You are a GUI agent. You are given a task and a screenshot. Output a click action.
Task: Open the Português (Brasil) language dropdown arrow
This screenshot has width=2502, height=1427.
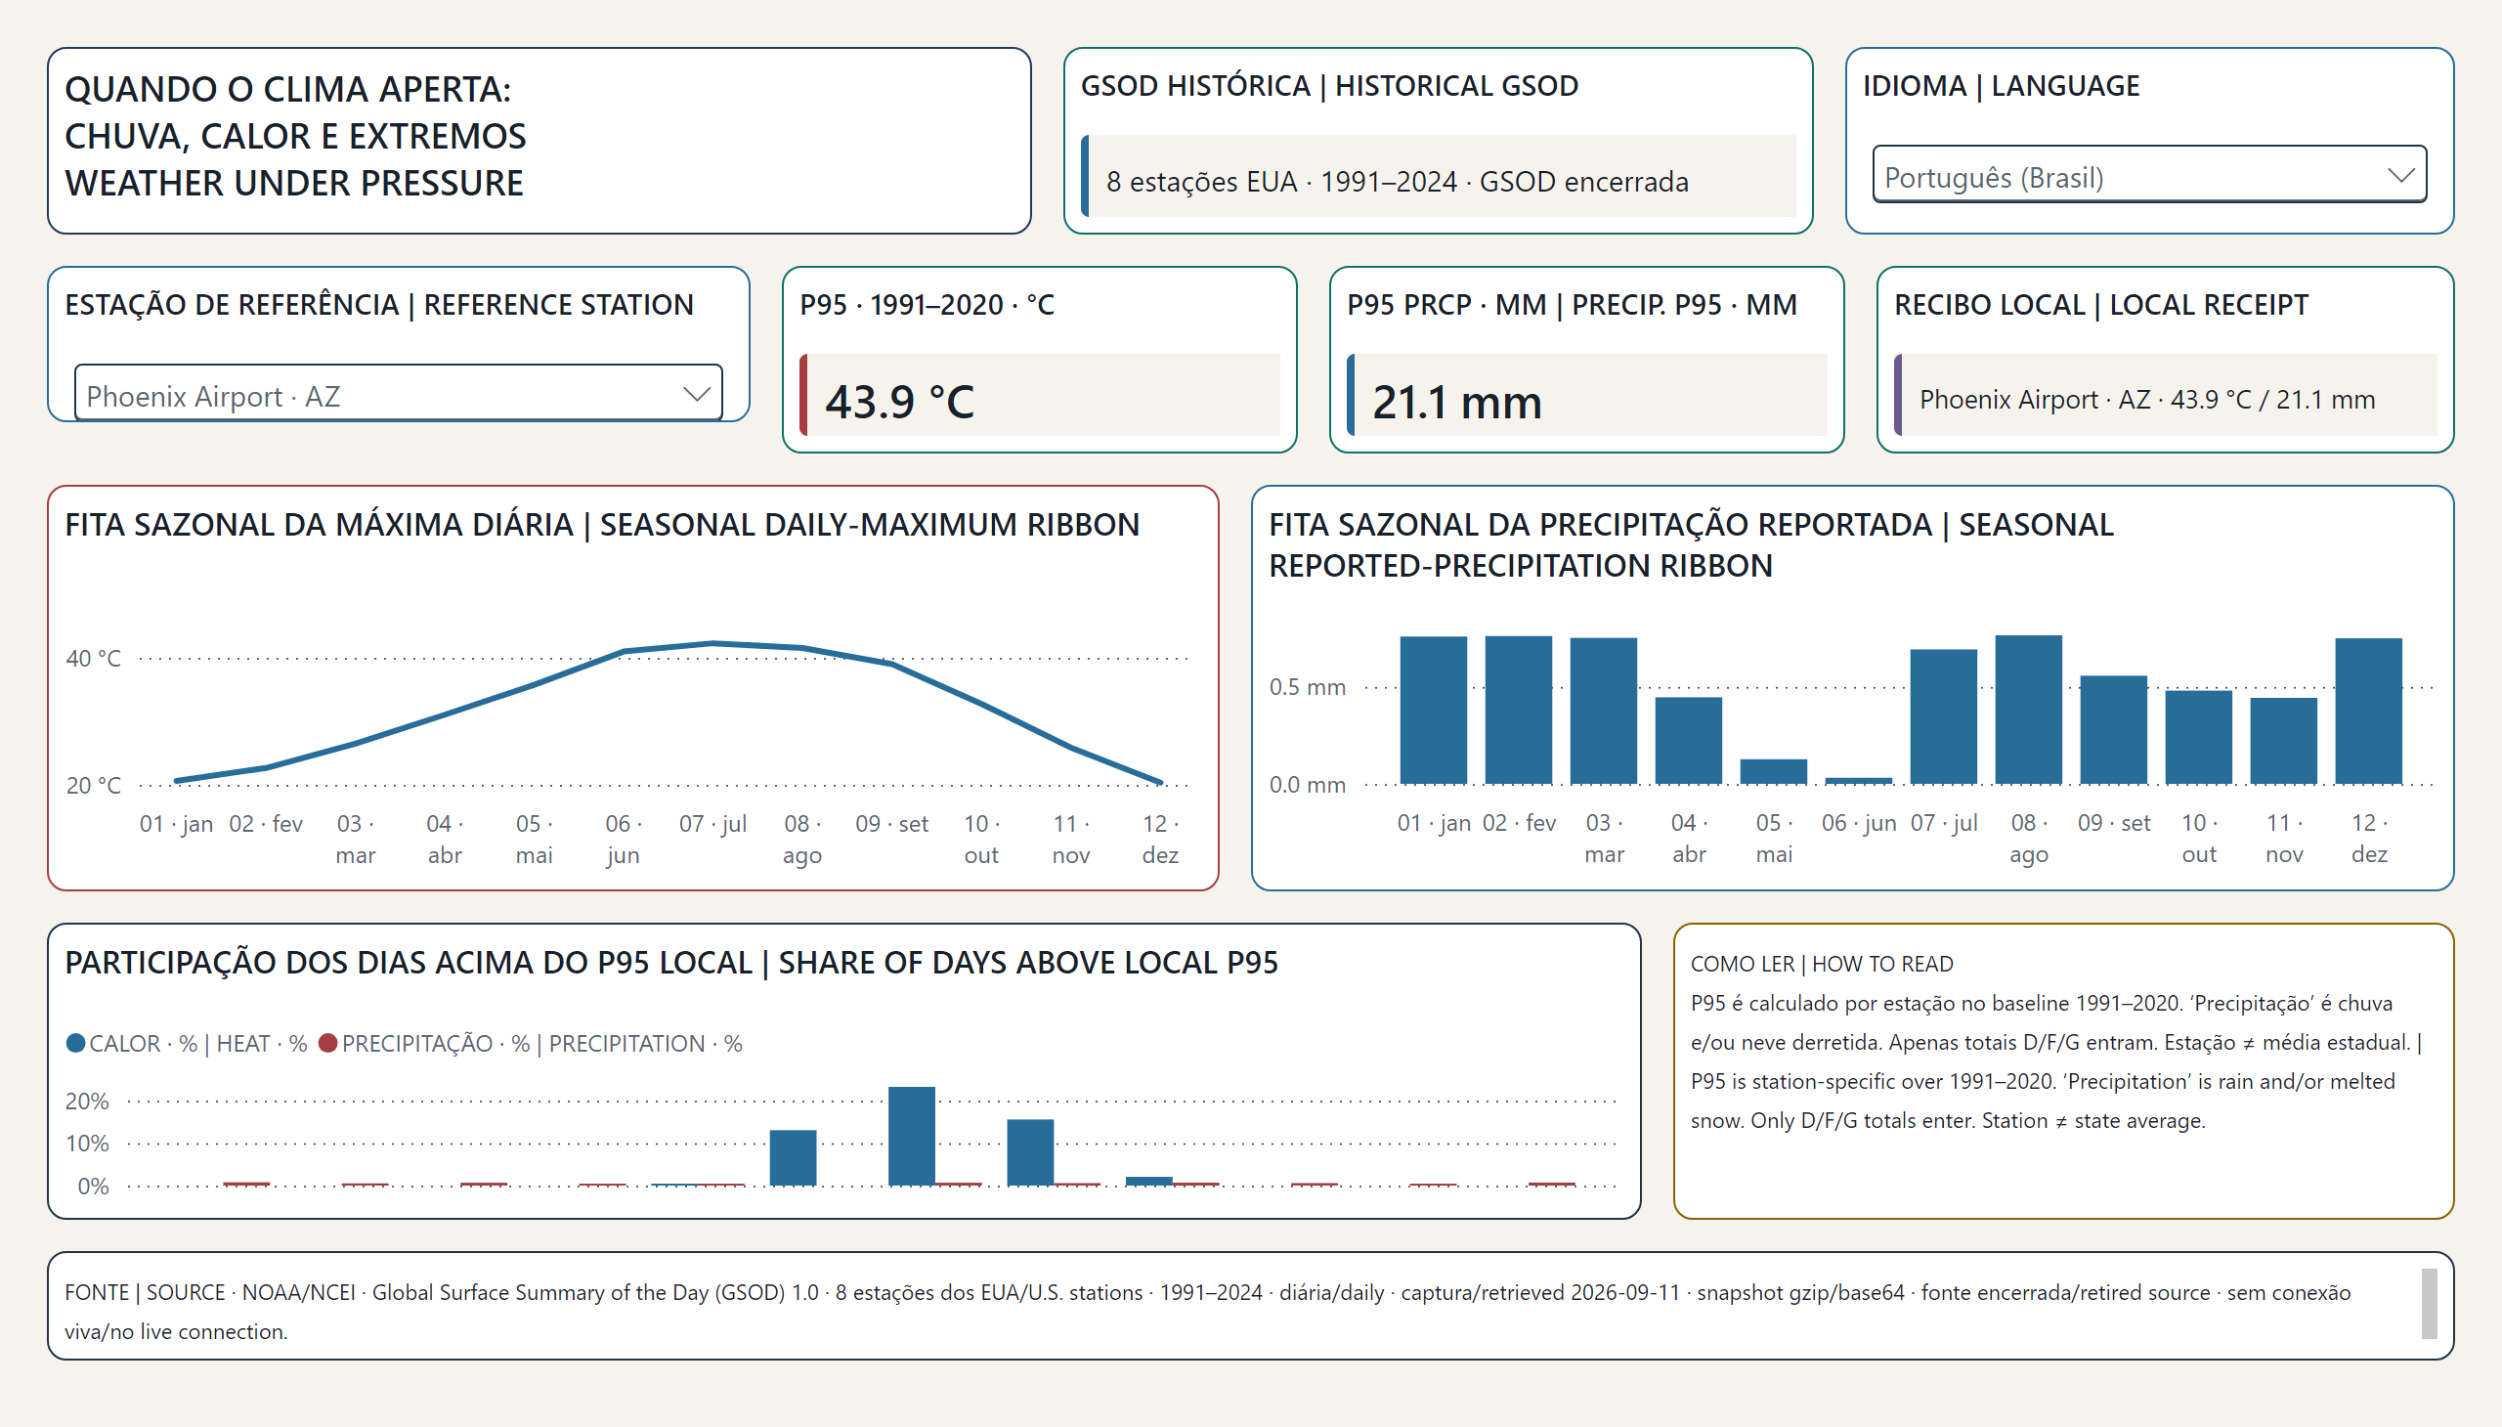(2400, 175)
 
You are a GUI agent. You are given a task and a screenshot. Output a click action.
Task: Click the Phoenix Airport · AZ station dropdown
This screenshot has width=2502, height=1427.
(398, 394)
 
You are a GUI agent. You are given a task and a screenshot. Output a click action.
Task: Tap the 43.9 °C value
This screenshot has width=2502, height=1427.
(899, 402)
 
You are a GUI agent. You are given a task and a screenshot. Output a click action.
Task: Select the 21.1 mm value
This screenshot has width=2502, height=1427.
(1456, 402)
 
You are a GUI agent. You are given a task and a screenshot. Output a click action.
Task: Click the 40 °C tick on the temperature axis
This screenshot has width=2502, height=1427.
(93, 659)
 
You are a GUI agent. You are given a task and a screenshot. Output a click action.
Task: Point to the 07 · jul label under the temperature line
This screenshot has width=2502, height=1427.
(712, 823)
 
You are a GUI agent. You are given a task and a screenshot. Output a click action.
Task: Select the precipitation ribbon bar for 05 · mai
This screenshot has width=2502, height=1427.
(1773, 771)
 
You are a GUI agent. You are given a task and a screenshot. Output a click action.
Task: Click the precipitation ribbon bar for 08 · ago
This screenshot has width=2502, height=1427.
(2028, 710)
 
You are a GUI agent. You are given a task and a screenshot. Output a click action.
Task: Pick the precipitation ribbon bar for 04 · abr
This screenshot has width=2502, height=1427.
(1688, 740)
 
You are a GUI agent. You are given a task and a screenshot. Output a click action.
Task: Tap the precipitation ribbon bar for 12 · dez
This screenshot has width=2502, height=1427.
(2368, 711)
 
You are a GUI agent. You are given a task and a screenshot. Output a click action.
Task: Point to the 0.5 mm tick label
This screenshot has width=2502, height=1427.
(1308, 687)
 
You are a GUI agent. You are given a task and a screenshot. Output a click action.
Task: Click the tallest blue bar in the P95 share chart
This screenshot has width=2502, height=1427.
(912, 1136)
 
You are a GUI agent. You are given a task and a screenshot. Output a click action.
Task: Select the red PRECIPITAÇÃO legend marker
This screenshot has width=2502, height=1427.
(328, 1043)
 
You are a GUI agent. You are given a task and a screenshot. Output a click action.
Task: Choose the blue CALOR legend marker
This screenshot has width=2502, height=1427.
(75, 1043)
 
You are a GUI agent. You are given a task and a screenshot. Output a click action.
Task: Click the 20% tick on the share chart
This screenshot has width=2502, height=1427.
(87, 1101)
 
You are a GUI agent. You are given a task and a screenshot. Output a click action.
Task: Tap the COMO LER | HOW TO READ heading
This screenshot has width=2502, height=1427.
(1821, 964)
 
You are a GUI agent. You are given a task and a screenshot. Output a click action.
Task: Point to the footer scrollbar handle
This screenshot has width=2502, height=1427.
(2429, 1304)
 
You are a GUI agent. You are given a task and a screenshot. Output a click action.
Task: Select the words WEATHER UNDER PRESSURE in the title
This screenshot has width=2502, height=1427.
(294, 184)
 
